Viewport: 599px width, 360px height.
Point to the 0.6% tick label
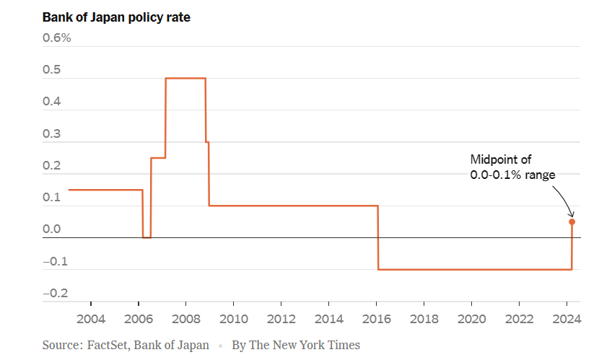(x=57, y=38)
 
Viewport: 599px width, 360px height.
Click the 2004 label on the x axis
(x=91, y=319)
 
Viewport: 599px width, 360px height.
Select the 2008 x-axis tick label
(x=186, y=319)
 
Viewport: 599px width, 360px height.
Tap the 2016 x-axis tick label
(x=377, y=319)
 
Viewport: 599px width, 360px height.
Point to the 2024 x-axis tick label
(x=567, y=319)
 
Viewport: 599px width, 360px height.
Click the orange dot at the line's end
(x=572, y=221)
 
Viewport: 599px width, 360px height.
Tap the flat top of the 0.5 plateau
(x=185, y=78)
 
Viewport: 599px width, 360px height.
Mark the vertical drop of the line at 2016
(x=378, y=238)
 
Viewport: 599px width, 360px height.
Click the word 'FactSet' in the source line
(x=110, y=346)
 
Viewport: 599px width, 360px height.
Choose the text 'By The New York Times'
(x=295, y=346)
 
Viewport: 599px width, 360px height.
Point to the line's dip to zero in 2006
(x=147, y=237)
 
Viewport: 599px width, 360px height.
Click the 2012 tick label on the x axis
(x=281, y=319)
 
